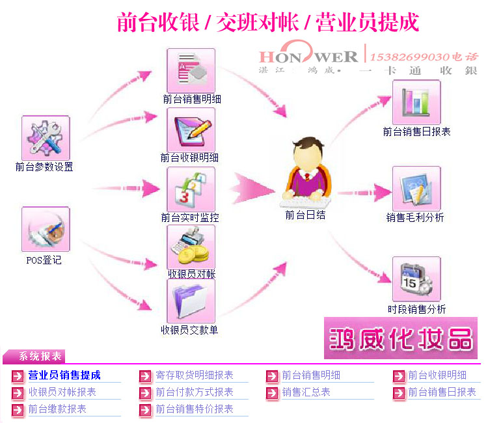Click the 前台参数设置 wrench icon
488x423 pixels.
pyautogui.click(x=45, y=139)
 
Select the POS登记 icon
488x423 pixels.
pyautogui.click(x=45, y=229)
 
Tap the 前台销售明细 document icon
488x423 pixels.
pyautogui.click(x=191, y=70)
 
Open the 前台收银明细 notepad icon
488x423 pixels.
pyautogui.click(x=191, y=130)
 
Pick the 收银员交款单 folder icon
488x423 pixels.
pyautogui.click(x=191, y=301)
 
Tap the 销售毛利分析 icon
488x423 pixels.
pyautogui.click(x=416, y=189)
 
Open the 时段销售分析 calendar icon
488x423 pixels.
pyautogui.click(x=416, y=279)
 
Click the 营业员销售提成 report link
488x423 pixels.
pyautogui.click(x=64, y=375)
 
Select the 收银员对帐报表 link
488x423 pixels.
pyautogui.click(x=62, y=392)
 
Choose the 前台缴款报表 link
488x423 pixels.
pyautogui.click(x=57, y=409)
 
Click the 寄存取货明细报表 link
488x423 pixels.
pyautogui.click(x=194, y=375)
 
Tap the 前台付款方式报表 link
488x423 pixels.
pyautogui.click(x=194, y=392)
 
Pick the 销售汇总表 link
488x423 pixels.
pyautogui.click(x=306, y=392)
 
